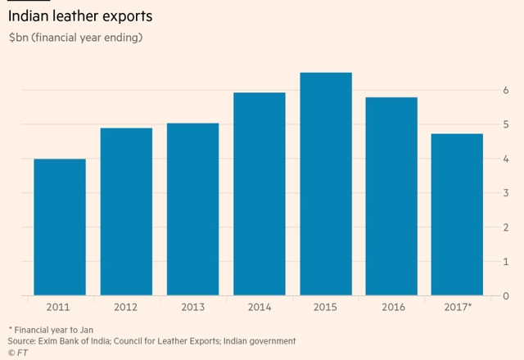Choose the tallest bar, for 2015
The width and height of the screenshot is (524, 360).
click(x=325, y=184)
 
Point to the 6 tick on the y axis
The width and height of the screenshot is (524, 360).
click(x=508, y=89)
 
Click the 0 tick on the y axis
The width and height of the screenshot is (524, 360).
click(x=508, y=295)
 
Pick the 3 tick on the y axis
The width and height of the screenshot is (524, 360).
click(x=508, y=192)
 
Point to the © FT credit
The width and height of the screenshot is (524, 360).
click(x=17, y=352)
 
